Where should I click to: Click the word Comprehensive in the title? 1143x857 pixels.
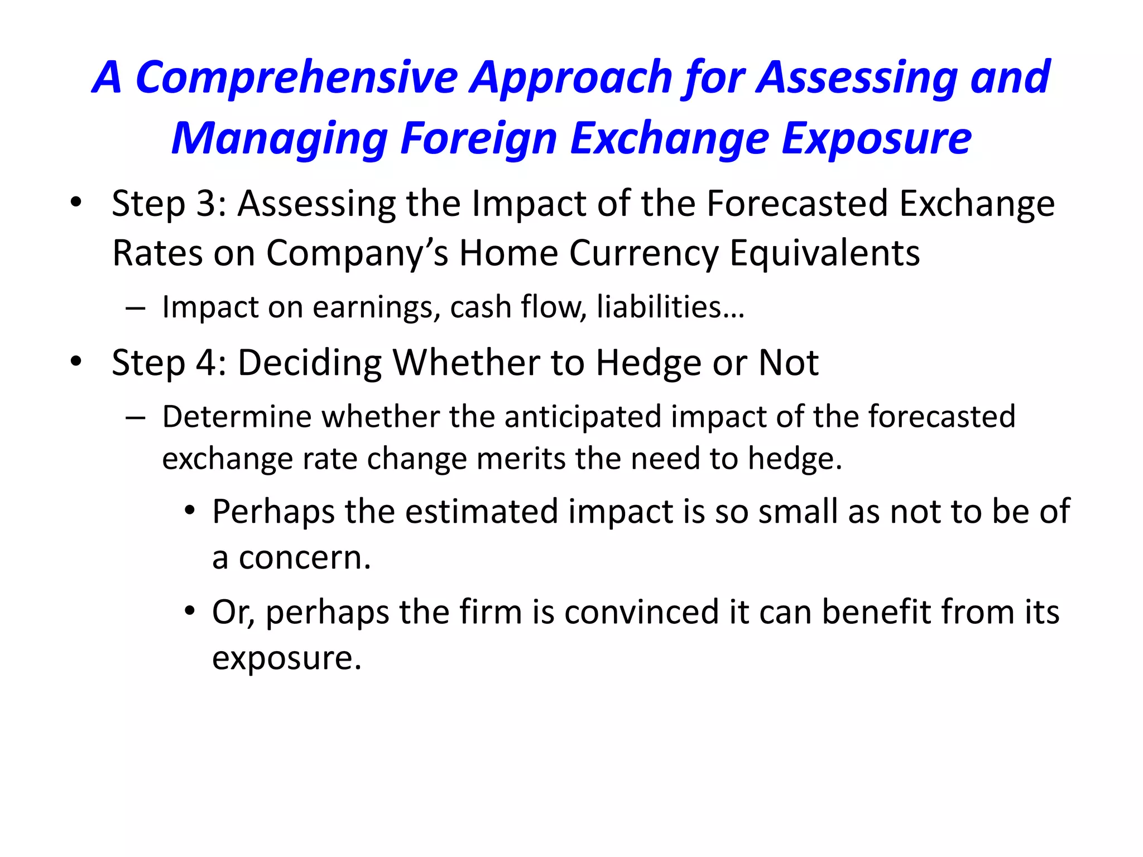point(296,78)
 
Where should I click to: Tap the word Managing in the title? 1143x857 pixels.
point(279,139)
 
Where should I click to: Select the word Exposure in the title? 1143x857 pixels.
point(876,139)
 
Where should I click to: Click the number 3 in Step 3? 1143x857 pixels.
point(207,204)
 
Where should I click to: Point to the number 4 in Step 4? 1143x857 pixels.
point(206,363)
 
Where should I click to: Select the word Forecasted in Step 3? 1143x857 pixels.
point(797,204)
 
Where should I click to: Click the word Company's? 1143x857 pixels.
point(357,254)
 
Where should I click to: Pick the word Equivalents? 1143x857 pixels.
point(824,254)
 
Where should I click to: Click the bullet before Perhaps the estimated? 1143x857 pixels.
point(190,511)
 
